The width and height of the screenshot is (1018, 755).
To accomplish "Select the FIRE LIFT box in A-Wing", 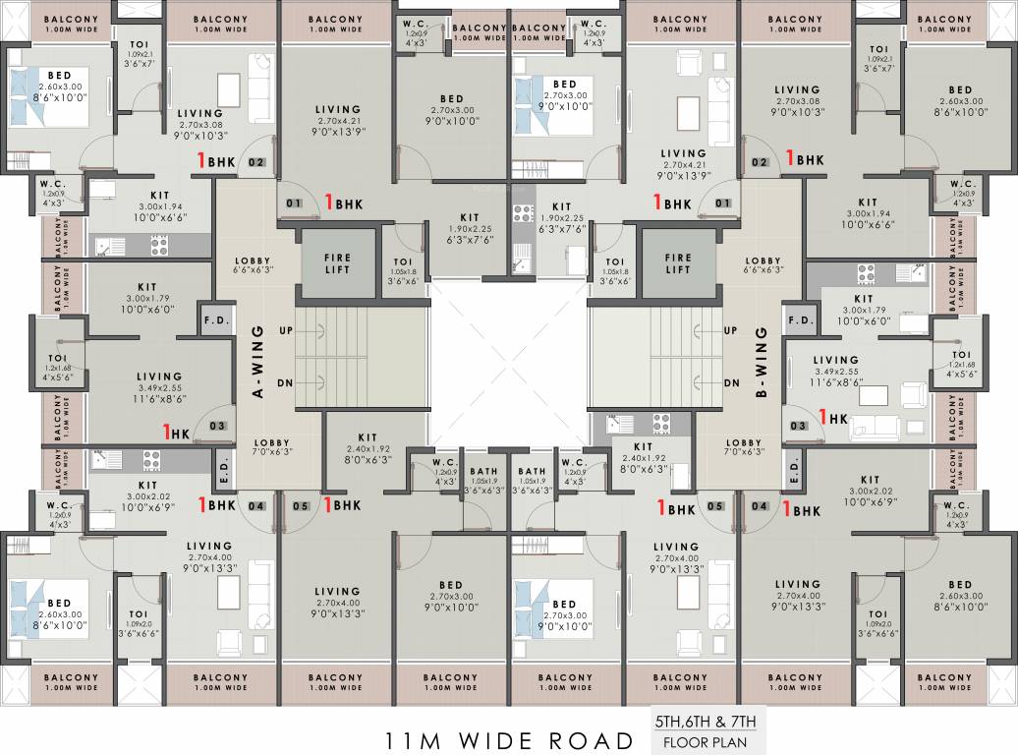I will [338, 263].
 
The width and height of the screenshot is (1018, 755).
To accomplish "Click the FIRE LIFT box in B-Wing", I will [678, 263].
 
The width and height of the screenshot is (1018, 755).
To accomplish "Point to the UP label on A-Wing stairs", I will [286, 330].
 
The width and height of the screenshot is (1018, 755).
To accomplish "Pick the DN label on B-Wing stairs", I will [731, 383].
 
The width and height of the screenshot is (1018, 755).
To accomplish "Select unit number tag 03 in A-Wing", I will [217, 426].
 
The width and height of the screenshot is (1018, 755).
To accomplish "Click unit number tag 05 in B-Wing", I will [714, 506].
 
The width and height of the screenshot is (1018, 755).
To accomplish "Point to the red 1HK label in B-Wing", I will [832, 418].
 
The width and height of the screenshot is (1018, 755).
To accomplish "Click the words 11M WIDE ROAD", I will [508, 740].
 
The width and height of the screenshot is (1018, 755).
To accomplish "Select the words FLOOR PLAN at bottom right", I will [706, 742].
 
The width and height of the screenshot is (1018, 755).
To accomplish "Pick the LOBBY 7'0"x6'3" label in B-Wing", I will [744, 448].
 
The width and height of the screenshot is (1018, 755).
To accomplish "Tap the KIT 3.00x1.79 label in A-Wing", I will [148, 303].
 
